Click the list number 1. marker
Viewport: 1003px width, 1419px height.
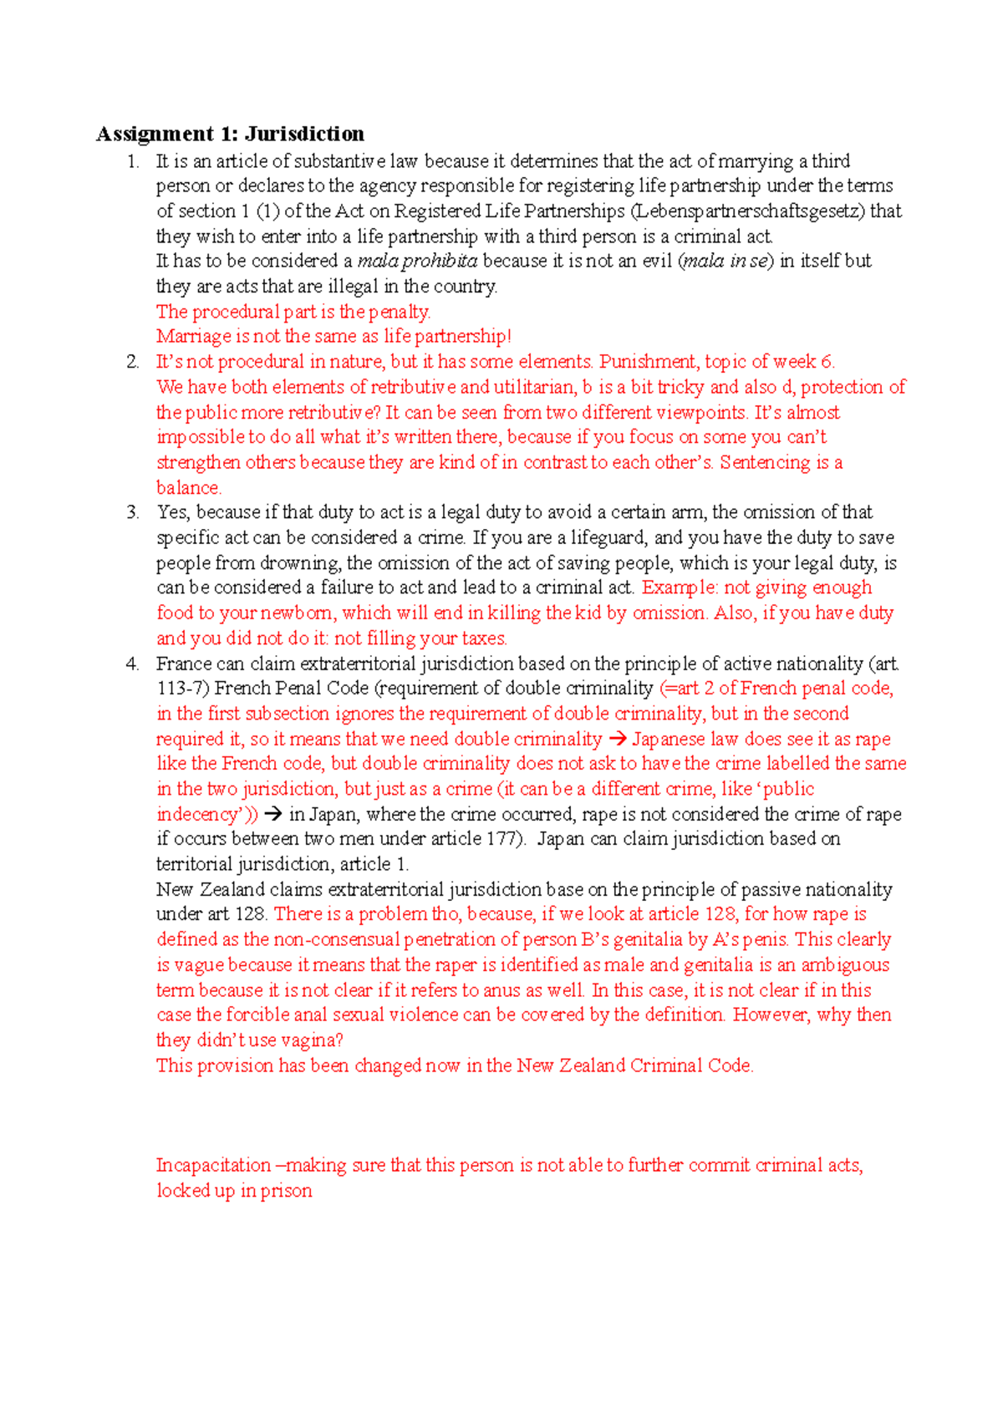pos(134,161)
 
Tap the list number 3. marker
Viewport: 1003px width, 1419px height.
pos(134,512)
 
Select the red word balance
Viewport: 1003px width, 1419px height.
pos(188,488)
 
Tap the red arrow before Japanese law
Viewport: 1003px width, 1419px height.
pos(617,739)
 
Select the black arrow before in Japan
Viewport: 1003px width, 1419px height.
pos(273,814)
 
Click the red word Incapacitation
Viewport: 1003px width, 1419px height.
pos(213,1166)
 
